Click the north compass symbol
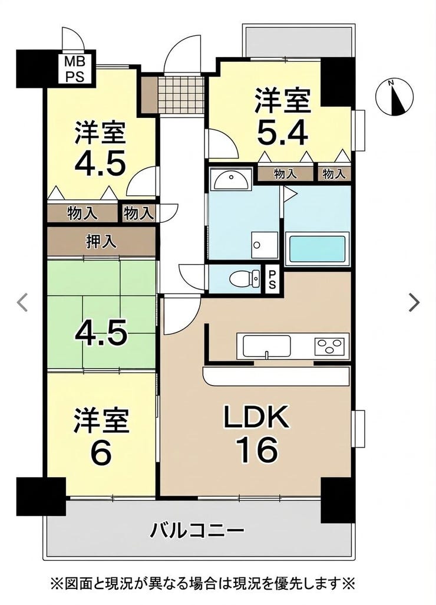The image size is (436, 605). pyautogui.click(x=394, y=97)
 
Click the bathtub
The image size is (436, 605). pyautogui.click(x=317, y=249)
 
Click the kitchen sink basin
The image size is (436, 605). pyautogui.click(x=266, y=346)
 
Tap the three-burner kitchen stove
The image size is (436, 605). pyautogui.click(x=329, y=346)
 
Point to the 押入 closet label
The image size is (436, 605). pyautogui.click(x=101, y=242)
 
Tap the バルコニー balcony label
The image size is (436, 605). pyautogui.click(x=197, y=531)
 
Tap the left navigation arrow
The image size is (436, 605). pyautogui.click(x=22, y=302)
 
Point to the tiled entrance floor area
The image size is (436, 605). pyautogui.click(x=181, y=94)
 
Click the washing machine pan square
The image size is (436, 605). pyautogui.click(x=264, y=245)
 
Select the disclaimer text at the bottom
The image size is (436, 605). pyautogui.click(x=203, y=582)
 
